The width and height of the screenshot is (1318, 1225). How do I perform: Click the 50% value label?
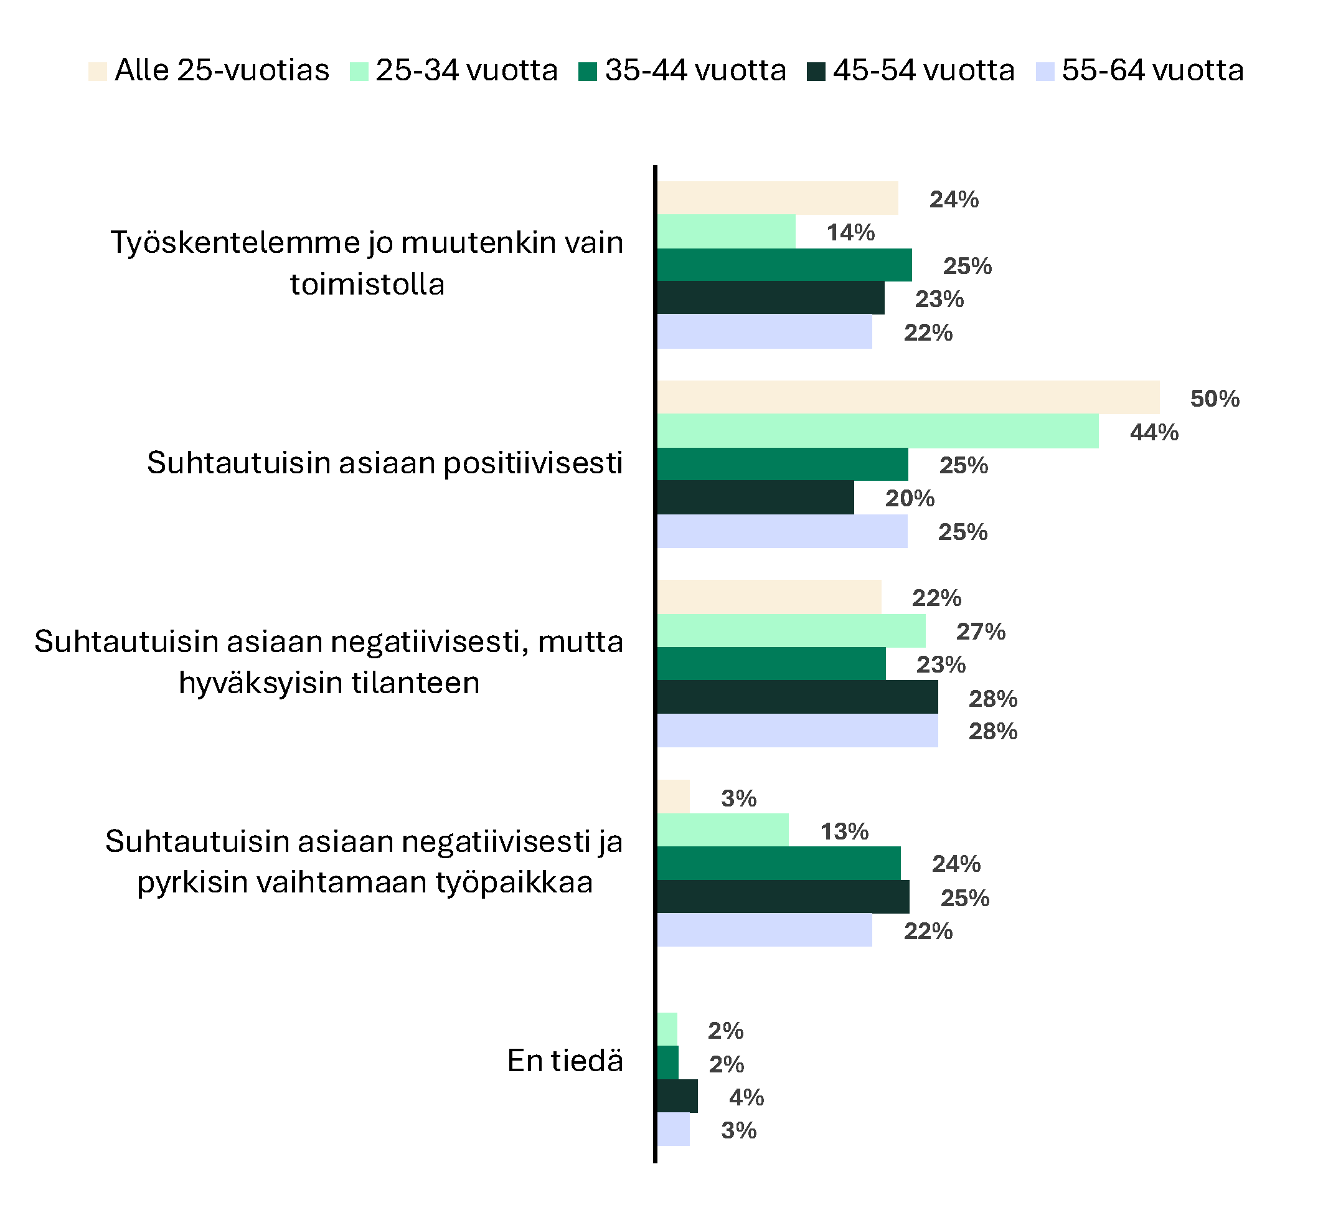[x=1214, y=399]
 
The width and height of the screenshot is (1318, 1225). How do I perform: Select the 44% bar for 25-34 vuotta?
[x=877, y=431]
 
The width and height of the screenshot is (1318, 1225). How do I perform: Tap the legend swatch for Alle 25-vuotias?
[x=97, y=71]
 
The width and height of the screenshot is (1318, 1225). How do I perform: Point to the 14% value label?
[x=850, y=233]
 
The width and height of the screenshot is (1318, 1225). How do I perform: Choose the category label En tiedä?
[x=565, y=1061]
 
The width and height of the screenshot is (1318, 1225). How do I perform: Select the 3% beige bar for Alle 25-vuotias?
[x=672, y=796]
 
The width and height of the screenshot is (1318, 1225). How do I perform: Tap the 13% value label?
[x=844, y=831]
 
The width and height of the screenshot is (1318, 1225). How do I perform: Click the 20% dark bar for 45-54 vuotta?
[x=755, y=497]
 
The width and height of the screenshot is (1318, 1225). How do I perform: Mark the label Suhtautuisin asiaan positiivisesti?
[x=384, y=463]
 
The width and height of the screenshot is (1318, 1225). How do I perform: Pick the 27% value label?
[x=980, y=631]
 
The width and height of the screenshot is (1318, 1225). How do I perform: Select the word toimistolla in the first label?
[x=367, y=285]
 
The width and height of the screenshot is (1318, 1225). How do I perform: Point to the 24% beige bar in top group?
[x=776, y=198]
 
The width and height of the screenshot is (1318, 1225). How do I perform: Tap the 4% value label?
[x=746, y=1098]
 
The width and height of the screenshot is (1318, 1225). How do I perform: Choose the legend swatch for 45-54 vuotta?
[x=816, y=71]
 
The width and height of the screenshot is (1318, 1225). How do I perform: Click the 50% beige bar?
[x=907, y=397]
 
